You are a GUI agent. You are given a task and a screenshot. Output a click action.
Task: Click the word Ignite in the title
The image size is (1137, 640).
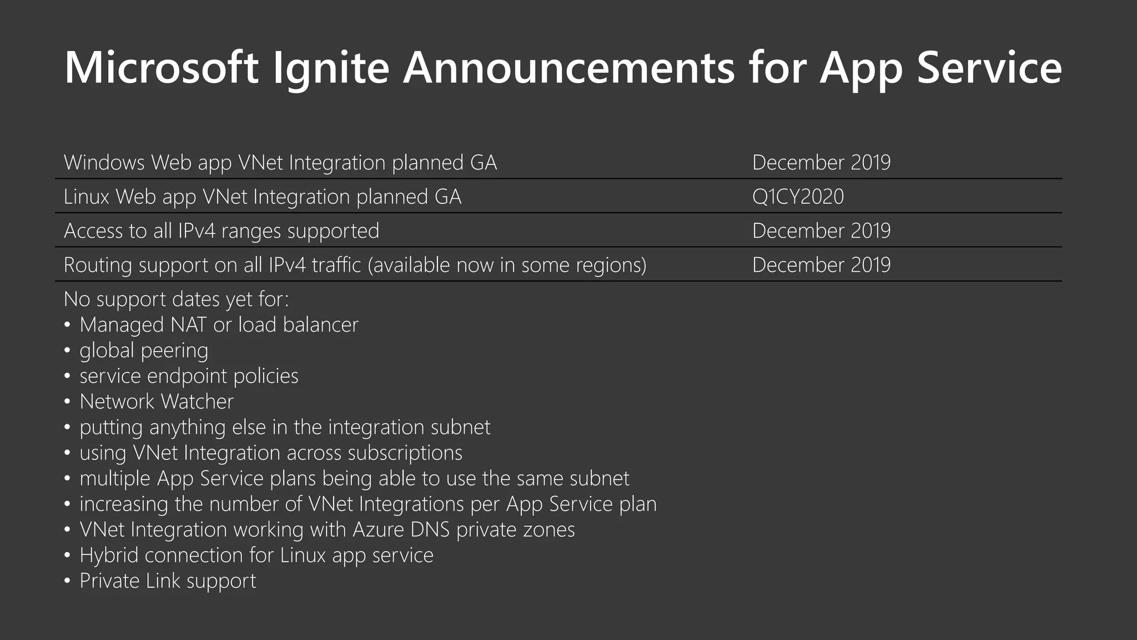331,68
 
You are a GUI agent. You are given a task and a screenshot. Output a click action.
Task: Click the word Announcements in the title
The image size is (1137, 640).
568,68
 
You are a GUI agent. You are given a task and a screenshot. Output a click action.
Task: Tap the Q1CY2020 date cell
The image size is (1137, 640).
798,197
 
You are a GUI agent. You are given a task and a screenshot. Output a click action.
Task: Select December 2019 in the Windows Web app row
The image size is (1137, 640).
821,163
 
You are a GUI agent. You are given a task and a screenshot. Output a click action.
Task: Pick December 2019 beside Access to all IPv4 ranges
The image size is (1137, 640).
821,231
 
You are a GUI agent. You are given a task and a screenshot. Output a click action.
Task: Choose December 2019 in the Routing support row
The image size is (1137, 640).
821,265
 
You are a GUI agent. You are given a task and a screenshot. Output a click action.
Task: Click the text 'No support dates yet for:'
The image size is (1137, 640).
176,299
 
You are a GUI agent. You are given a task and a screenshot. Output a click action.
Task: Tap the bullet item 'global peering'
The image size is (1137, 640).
144,351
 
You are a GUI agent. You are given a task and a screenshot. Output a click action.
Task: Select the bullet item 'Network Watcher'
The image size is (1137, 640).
157,402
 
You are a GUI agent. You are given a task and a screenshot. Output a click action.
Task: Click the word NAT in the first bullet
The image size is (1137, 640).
188,325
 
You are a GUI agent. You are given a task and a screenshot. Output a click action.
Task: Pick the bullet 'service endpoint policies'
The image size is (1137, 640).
189,376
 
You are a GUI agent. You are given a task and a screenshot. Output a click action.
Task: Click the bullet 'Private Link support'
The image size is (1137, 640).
168,581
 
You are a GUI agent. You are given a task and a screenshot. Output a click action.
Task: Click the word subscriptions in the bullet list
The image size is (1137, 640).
405,453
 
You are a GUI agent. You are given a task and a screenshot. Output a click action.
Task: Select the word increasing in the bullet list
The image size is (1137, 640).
124,504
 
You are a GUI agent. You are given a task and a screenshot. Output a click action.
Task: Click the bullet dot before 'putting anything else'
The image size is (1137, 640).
67,428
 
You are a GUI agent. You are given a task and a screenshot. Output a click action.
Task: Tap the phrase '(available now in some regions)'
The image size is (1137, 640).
507,265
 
